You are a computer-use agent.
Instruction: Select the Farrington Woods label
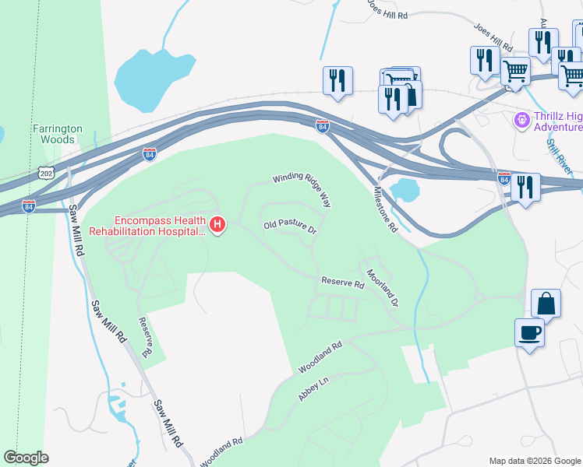coord(54,134)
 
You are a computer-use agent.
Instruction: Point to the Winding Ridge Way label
coord(302,190)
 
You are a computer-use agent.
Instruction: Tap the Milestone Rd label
coord(386,210)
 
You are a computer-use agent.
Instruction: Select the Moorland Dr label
coord(383,286)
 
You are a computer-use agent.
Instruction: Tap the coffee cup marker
coord(530,333)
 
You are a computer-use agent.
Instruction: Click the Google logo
coord(26,458)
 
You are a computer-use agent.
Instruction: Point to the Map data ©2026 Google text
coord(534,461)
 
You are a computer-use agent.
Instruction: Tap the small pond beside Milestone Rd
coord(405,190)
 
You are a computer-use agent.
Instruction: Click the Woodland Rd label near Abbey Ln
coord(320,356)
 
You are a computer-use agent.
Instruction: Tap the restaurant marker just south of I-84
coord(525,187)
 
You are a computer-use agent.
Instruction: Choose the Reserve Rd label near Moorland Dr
coord(343,284)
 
